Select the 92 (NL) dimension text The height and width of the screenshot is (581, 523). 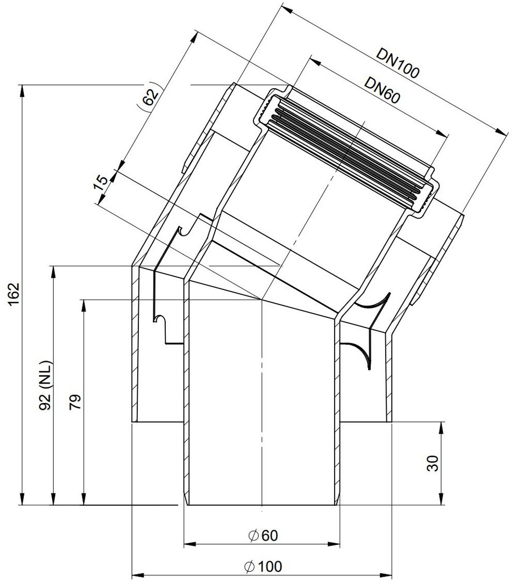[46, 385]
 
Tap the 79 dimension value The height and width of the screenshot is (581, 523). [75, 401]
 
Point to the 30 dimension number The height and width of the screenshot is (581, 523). [433, 463]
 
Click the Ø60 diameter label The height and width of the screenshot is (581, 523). [263, 535]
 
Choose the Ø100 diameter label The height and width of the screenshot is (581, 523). [263, 566]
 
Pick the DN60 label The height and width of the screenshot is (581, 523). [382, 90]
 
